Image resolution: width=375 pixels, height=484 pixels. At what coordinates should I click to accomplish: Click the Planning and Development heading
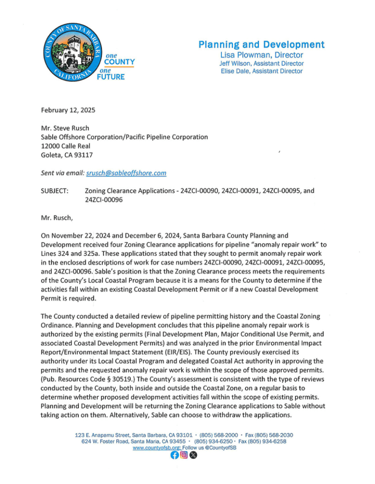click(261, 45)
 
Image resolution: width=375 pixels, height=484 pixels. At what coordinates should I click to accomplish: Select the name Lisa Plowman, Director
click(261, 55)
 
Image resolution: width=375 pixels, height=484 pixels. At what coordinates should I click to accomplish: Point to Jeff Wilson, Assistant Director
click(261, 63)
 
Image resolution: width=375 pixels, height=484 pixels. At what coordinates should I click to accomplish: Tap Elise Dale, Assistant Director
click(261, 71)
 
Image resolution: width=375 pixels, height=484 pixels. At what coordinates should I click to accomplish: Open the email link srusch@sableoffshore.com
click(126, 173)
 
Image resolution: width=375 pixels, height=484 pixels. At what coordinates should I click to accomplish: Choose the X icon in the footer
click(192, 456)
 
